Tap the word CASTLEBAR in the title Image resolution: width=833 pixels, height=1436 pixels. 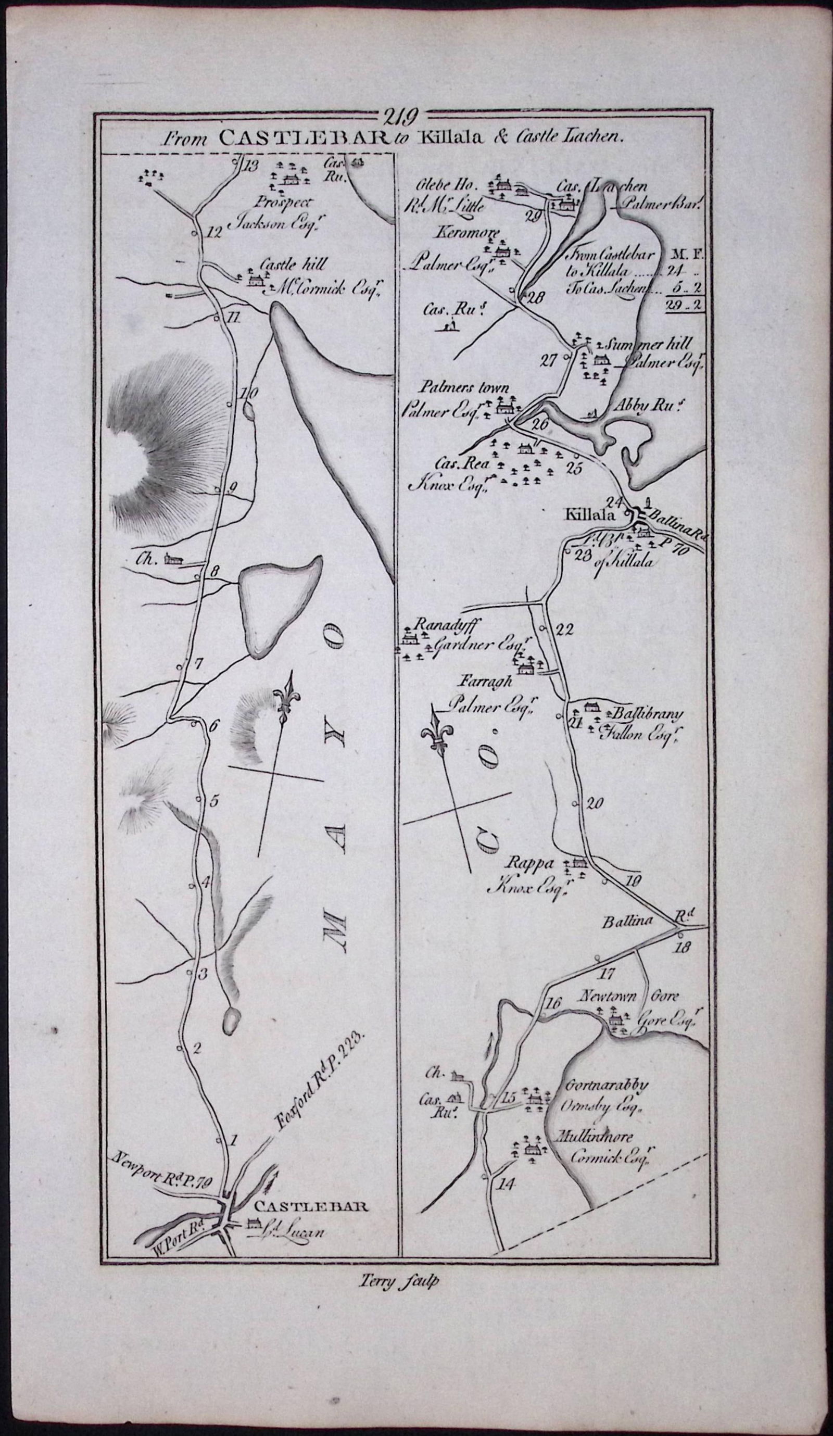pyautogui.click(x=301, y=137)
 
